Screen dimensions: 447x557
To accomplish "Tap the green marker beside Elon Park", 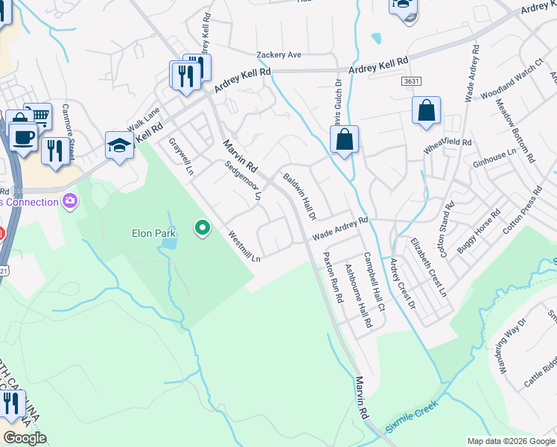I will click(x=201, y=228).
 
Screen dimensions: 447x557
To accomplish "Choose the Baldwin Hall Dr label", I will click(x=301, y=196).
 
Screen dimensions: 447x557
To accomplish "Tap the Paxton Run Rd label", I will click(x=331, y=276).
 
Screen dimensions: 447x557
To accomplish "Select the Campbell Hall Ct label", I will click(x=375, y=282).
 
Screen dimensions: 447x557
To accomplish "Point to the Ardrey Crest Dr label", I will click(x=403, y=284).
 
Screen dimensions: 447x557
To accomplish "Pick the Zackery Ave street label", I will click(x=278, y=55).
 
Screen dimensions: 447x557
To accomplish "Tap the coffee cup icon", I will click(x=23, y=136).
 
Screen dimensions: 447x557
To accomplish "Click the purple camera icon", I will click(x=71, y=200).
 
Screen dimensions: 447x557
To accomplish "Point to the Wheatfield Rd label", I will click(x=448, y=142).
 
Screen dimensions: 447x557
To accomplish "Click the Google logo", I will click(x=25, y=438).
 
